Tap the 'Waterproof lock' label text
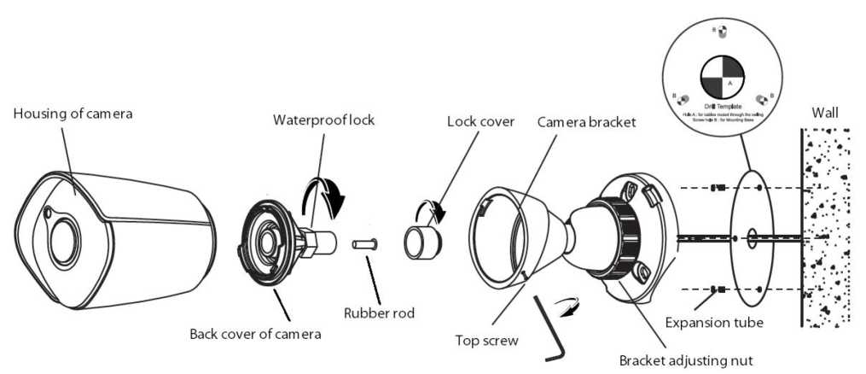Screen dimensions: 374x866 point(323,119)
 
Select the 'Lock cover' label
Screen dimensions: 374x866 point(479,121)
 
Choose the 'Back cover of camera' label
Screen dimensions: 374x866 point(255,333)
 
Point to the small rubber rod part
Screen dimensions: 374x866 point(364,245)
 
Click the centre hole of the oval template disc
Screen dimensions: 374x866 point(751,237)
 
